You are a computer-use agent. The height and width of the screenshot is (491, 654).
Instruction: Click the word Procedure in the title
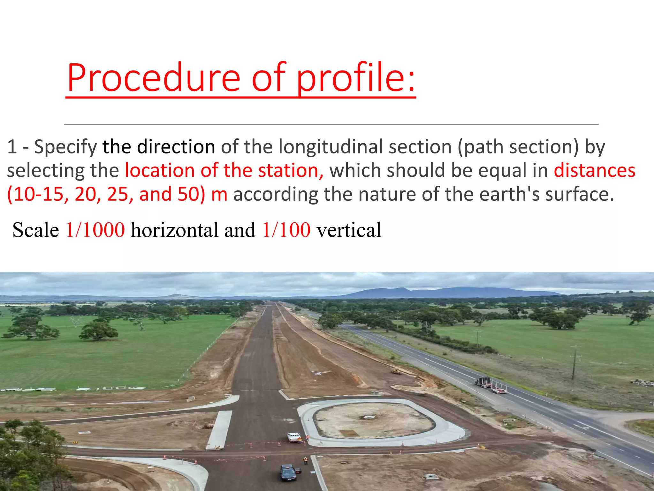click(153, 78)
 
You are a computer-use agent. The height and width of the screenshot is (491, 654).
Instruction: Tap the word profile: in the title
click(356, 78)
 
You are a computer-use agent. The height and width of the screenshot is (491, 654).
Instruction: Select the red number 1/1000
click(95, 230)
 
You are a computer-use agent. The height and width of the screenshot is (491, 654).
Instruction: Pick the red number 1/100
click(286, 230)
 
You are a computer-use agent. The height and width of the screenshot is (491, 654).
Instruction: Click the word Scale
click(36, 230)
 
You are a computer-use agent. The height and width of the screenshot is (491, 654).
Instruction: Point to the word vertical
click(349, 230)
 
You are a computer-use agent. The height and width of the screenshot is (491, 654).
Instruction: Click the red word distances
click(594, 170)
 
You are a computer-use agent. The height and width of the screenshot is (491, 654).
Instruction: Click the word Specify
click(65, 147)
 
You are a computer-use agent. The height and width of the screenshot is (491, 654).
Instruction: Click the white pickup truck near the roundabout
click(293, 437)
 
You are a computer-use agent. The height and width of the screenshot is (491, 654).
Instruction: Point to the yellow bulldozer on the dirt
click(396, 371)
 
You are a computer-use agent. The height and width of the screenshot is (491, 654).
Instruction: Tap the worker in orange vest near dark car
click(305, 460)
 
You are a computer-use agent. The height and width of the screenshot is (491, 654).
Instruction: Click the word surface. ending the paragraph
click(579, 194)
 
